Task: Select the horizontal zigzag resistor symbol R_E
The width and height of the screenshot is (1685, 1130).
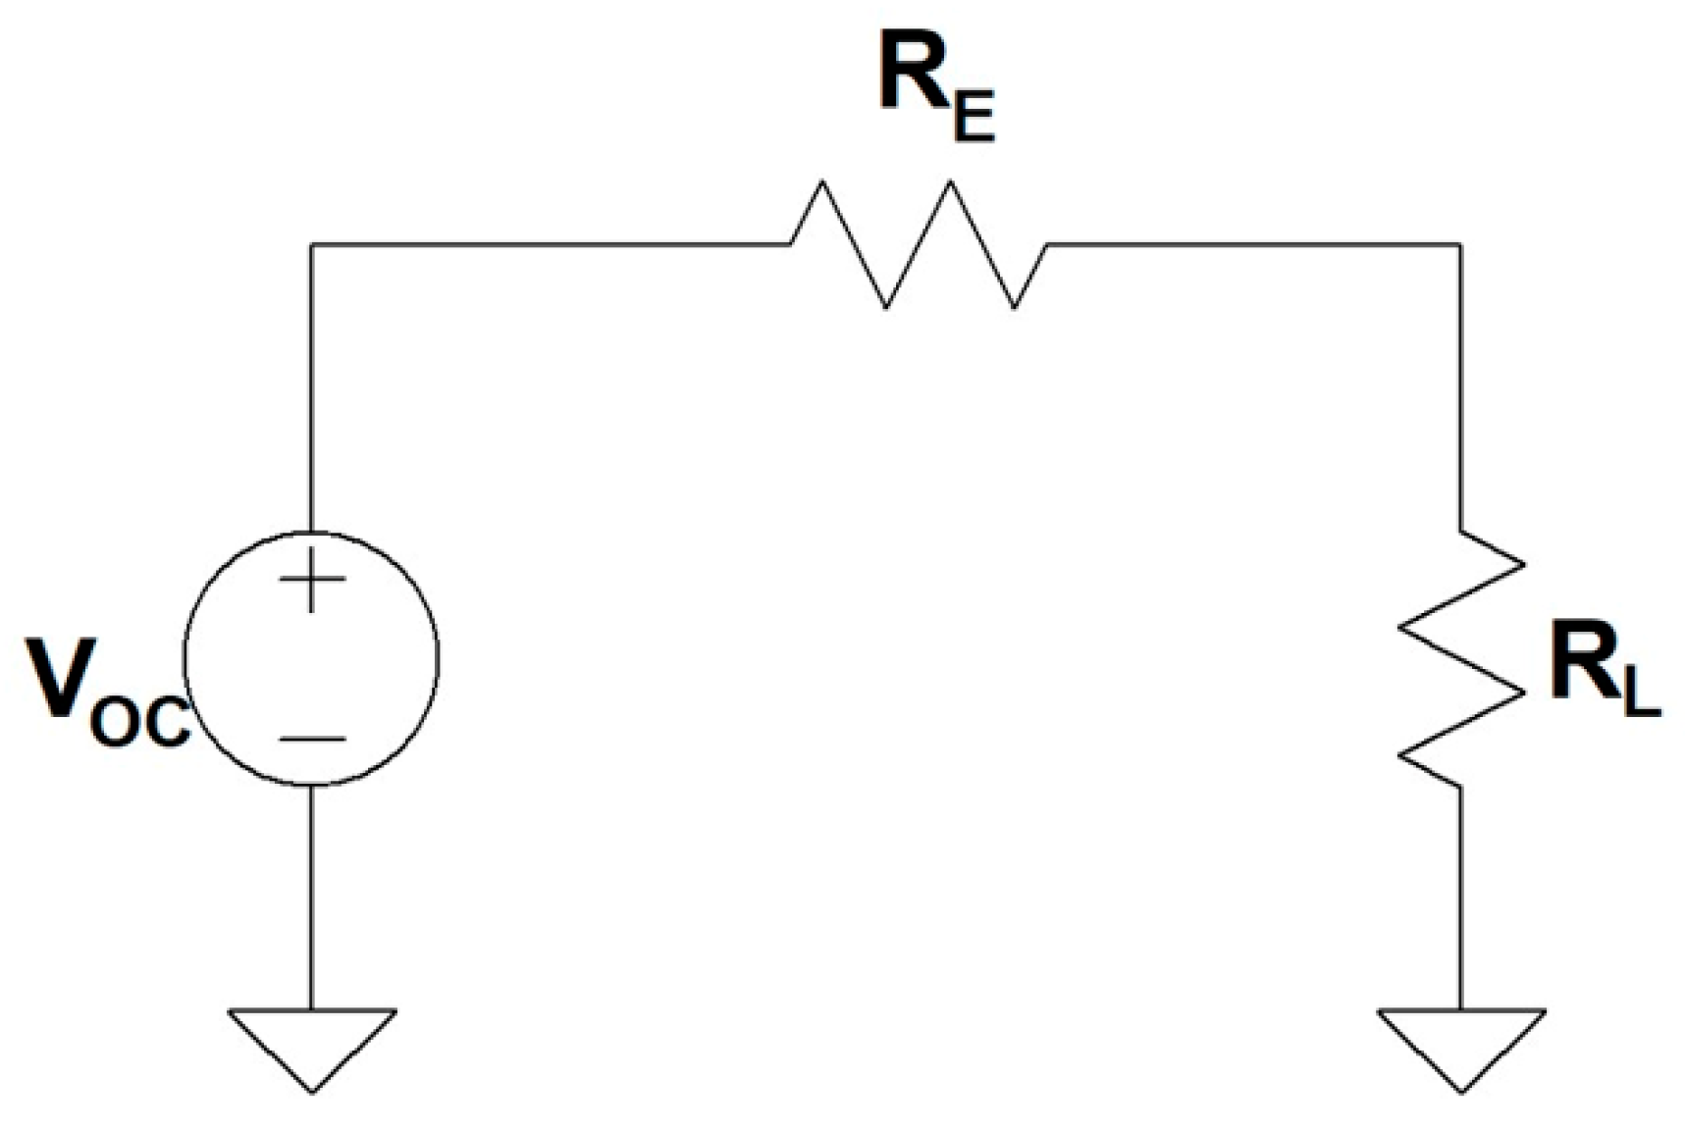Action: (918, 243)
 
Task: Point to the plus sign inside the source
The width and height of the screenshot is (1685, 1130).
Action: (312, 579)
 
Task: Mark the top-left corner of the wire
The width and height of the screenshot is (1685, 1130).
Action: (311, 243)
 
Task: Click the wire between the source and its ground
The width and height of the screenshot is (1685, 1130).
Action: (311, 898)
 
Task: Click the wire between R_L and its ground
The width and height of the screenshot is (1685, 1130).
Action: (1461, 898)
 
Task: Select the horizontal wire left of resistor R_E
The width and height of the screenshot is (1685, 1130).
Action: (550, 243)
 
